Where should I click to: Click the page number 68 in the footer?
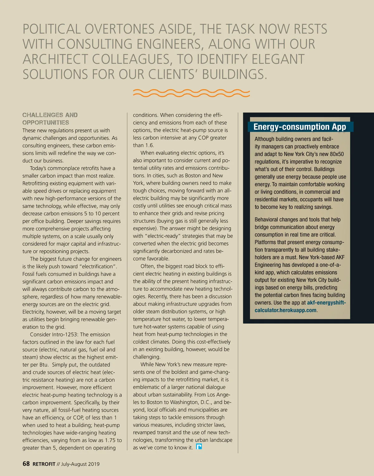coord(26,464)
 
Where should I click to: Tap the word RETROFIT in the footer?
coord(44,464)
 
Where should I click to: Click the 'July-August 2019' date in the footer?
coord(80,464)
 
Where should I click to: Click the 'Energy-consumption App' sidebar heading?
coord(300,127)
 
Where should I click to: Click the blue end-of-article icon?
coord(199,447)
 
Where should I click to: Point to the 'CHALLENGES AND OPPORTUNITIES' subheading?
coord(50,119)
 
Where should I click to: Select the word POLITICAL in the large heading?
coord(52,29)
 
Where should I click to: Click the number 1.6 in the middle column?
coord(150,145)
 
